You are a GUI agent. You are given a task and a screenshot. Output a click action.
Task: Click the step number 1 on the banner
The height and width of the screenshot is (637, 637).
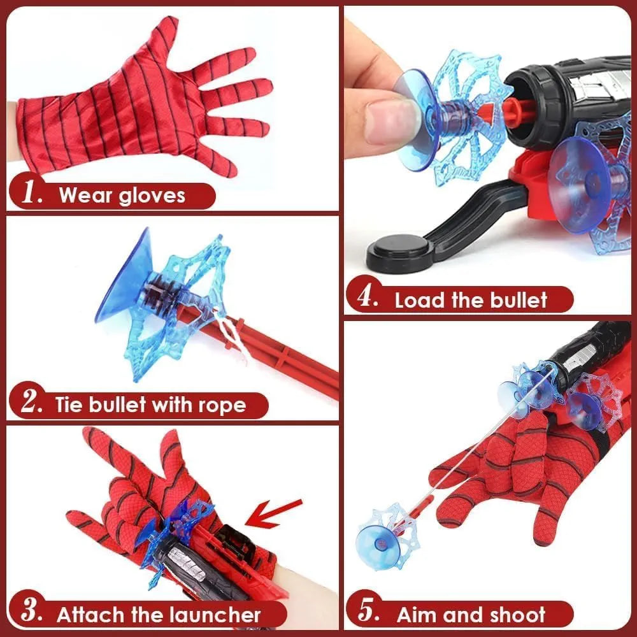(31, 194)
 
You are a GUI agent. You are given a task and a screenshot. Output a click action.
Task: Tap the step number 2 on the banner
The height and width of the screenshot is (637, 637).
(30, 404)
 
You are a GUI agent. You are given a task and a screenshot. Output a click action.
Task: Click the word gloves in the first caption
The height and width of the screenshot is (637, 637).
(152, 195)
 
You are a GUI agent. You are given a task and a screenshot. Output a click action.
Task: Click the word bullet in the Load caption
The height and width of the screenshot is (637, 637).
(513, 300)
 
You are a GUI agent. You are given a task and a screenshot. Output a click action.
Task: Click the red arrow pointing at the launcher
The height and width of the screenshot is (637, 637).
(274, 513)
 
